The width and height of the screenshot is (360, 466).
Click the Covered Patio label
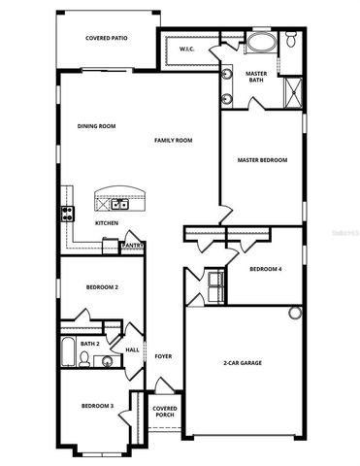tap(107, 39)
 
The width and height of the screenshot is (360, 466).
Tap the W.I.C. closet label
tap(188, 49)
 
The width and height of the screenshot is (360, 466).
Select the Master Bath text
tap(256, 77)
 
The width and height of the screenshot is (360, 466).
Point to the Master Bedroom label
tap(262, 160)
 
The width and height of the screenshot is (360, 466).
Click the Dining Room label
tap(97, 126)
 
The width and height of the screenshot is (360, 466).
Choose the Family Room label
tap(174, 141)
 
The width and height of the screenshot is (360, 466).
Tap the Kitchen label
tap(107, 223)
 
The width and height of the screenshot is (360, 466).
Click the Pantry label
tap(133, 246)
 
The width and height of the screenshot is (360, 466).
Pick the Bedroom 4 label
tap(265, 269)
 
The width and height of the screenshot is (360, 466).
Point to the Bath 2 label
tap(90, 343)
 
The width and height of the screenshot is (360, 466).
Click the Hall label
tap(132, 350)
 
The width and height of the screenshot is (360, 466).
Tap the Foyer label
tap(163, 356)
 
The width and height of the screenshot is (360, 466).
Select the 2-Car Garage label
tap(243, 363)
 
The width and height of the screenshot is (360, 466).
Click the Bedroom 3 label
tap(97, 406)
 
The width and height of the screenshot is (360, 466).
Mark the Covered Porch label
tap(165, 412)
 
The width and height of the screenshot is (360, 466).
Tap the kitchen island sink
tap(119, 204)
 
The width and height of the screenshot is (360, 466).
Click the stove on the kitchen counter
tap(69, 211)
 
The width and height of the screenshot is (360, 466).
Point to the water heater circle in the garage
tap(295, 313)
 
